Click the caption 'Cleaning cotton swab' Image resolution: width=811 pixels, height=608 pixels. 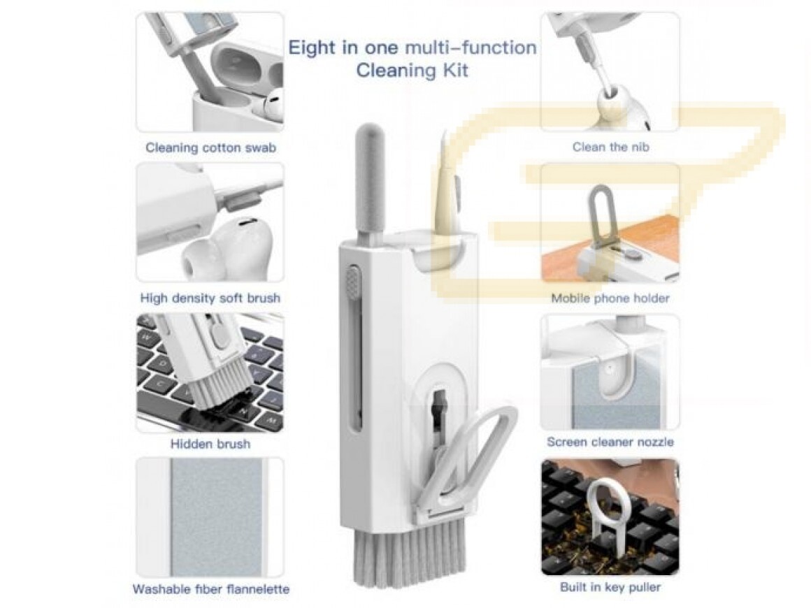[210, 148]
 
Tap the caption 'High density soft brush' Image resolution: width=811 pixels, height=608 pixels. [210, 298]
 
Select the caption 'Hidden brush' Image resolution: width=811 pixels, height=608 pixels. [210, 444]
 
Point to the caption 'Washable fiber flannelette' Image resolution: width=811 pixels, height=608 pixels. [210, 589]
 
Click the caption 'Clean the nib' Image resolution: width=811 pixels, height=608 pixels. [610, 147]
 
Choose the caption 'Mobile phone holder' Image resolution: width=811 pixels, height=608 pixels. [610, 298]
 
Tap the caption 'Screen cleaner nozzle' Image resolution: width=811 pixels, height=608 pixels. [610, 442]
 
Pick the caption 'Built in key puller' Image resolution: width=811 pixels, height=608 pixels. [610, 587]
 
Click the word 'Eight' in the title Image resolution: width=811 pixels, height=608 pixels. [312, 48]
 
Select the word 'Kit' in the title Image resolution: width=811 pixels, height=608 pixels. [454, 70]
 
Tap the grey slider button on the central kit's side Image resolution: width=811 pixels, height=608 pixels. [353, 282]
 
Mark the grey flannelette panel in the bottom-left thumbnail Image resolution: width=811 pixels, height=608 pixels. [217, 517]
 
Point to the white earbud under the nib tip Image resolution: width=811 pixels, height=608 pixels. [618, 108]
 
